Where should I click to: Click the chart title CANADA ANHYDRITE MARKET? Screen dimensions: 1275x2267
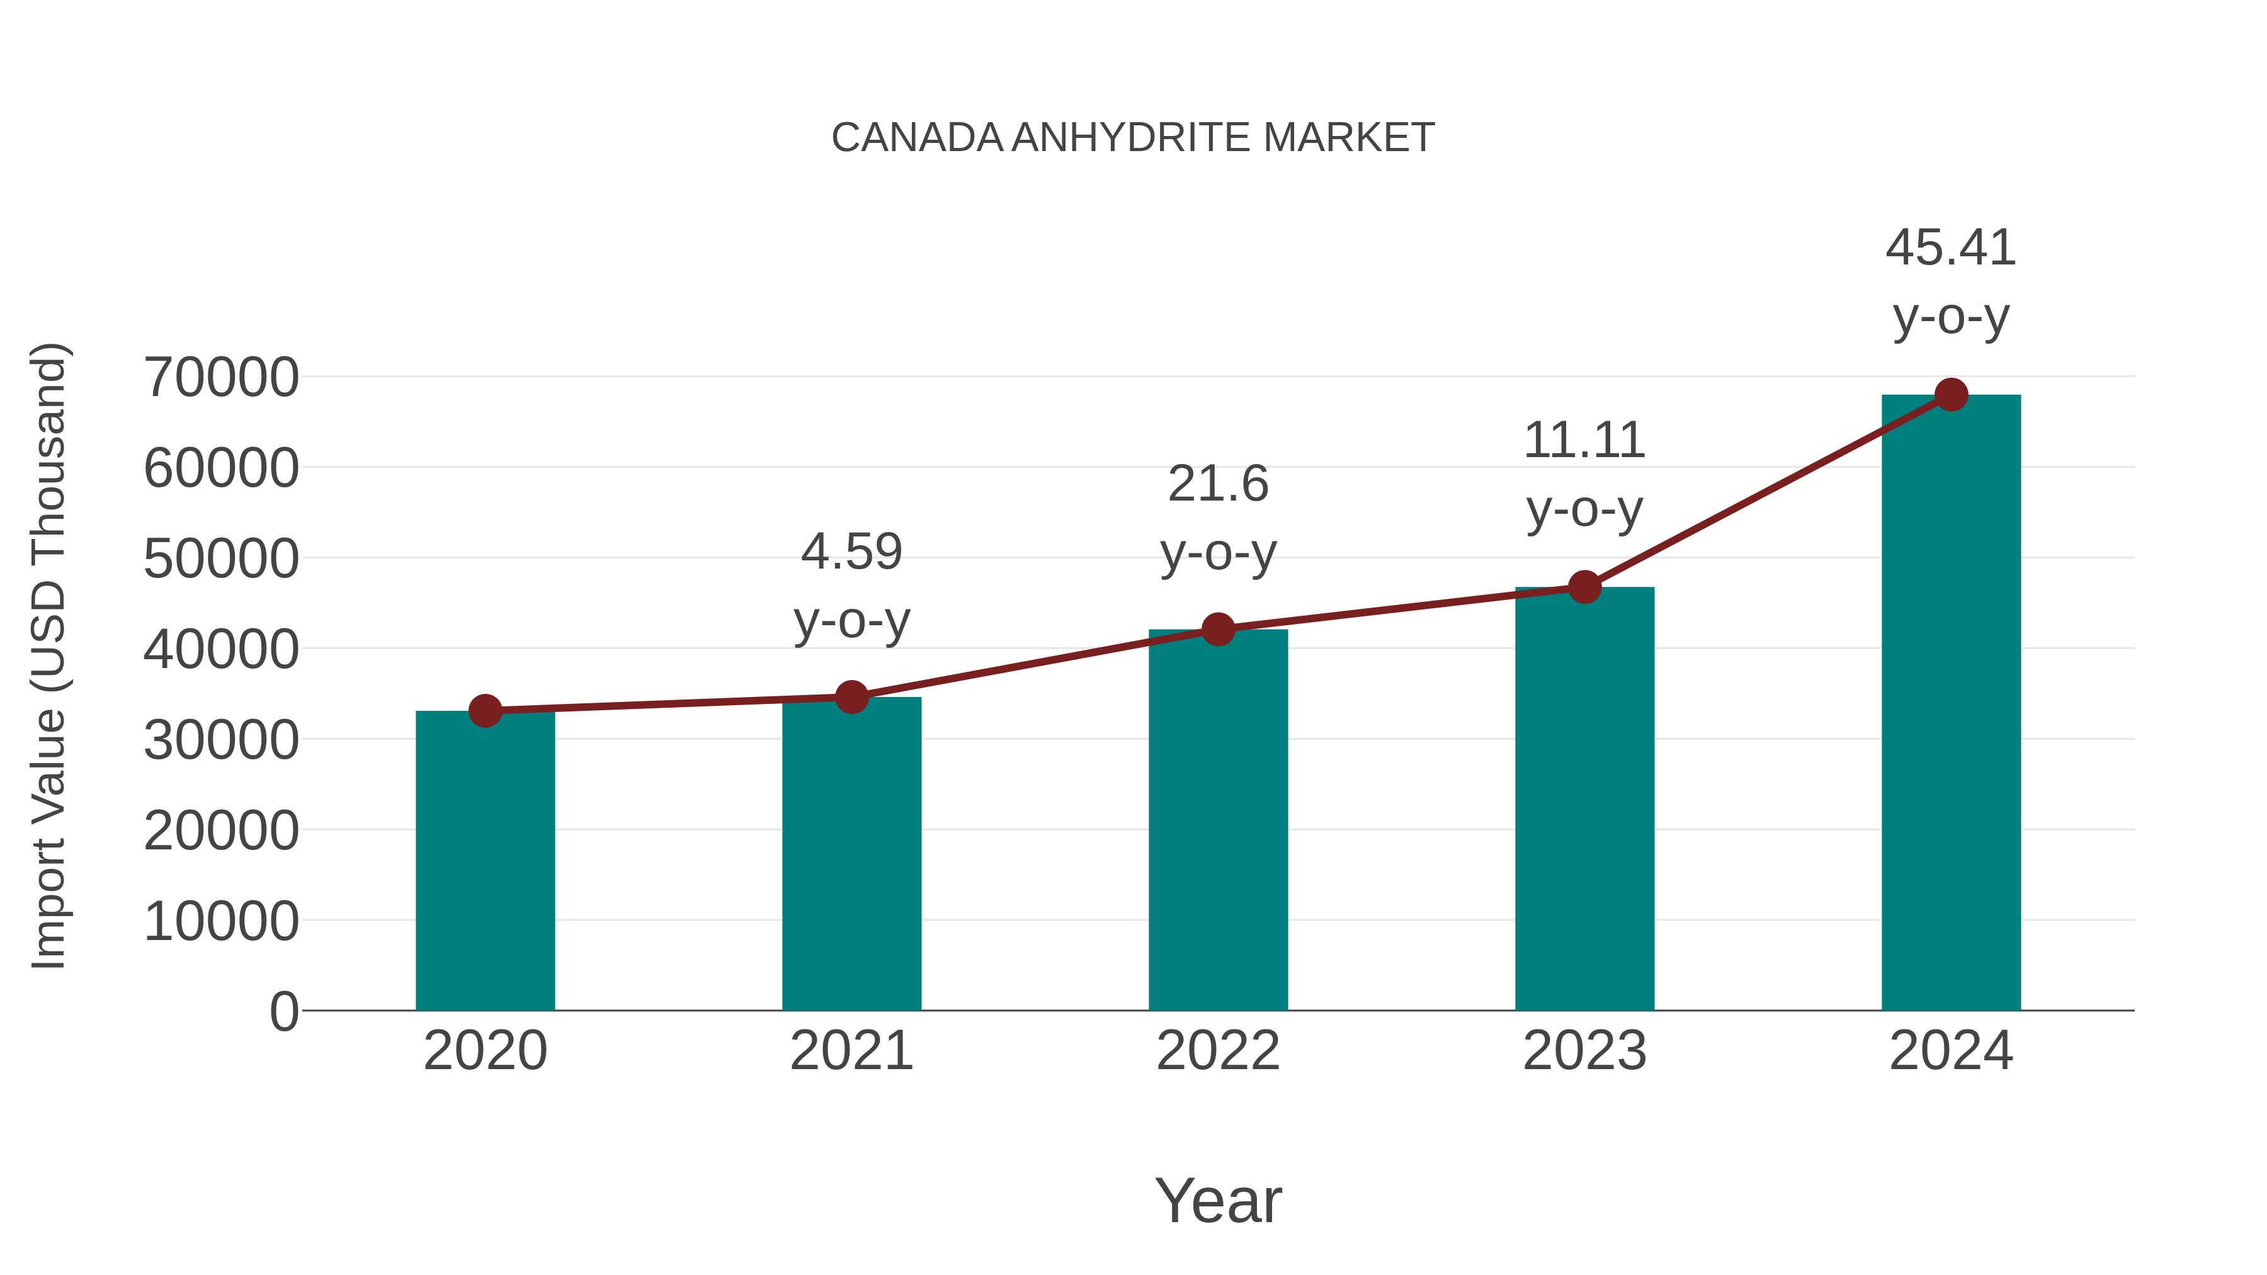click(1133, 138)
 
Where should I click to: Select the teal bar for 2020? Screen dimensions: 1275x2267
click(485, 863)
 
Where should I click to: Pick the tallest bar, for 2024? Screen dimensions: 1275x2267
click(1951, 704)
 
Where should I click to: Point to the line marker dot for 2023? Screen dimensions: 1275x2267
click(1584, 587)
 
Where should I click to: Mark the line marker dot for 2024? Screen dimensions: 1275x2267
click(1951, 395)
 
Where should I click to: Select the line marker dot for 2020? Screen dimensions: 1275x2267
click(485, 710)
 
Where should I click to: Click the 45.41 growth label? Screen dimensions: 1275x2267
click(1951, 248)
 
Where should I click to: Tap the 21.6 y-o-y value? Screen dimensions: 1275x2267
click(1218, 484)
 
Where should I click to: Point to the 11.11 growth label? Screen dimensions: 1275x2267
click(1584, 440)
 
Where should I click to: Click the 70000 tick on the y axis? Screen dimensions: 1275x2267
click(222, 378)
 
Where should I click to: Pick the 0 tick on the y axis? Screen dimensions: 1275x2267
click(284, 1011)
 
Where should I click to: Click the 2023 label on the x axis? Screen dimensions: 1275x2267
click(1584, 1051)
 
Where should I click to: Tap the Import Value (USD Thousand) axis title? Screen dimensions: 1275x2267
click(49, 655)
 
